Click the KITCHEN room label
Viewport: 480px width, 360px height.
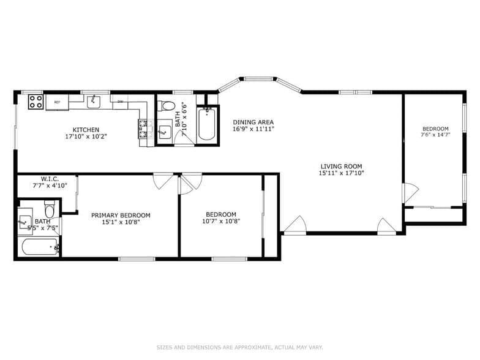86,129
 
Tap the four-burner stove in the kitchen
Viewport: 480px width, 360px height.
36,101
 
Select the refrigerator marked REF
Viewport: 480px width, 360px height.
57,102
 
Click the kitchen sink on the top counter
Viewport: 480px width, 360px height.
94,101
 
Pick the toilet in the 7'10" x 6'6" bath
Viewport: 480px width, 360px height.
167,105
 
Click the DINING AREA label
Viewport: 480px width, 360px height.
253,122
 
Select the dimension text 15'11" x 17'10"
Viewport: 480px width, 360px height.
341,173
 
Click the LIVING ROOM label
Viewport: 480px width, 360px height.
341,166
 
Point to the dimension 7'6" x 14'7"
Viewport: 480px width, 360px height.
435,135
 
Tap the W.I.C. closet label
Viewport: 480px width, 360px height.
50,179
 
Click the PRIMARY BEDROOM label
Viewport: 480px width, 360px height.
121,215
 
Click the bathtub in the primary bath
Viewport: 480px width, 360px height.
39,247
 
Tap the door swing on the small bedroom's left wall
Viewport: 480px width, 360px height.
410,193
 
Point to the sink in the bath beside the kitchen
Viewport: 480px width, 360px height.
164,131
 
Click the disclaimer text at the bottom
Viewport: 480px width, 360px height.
239,347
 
